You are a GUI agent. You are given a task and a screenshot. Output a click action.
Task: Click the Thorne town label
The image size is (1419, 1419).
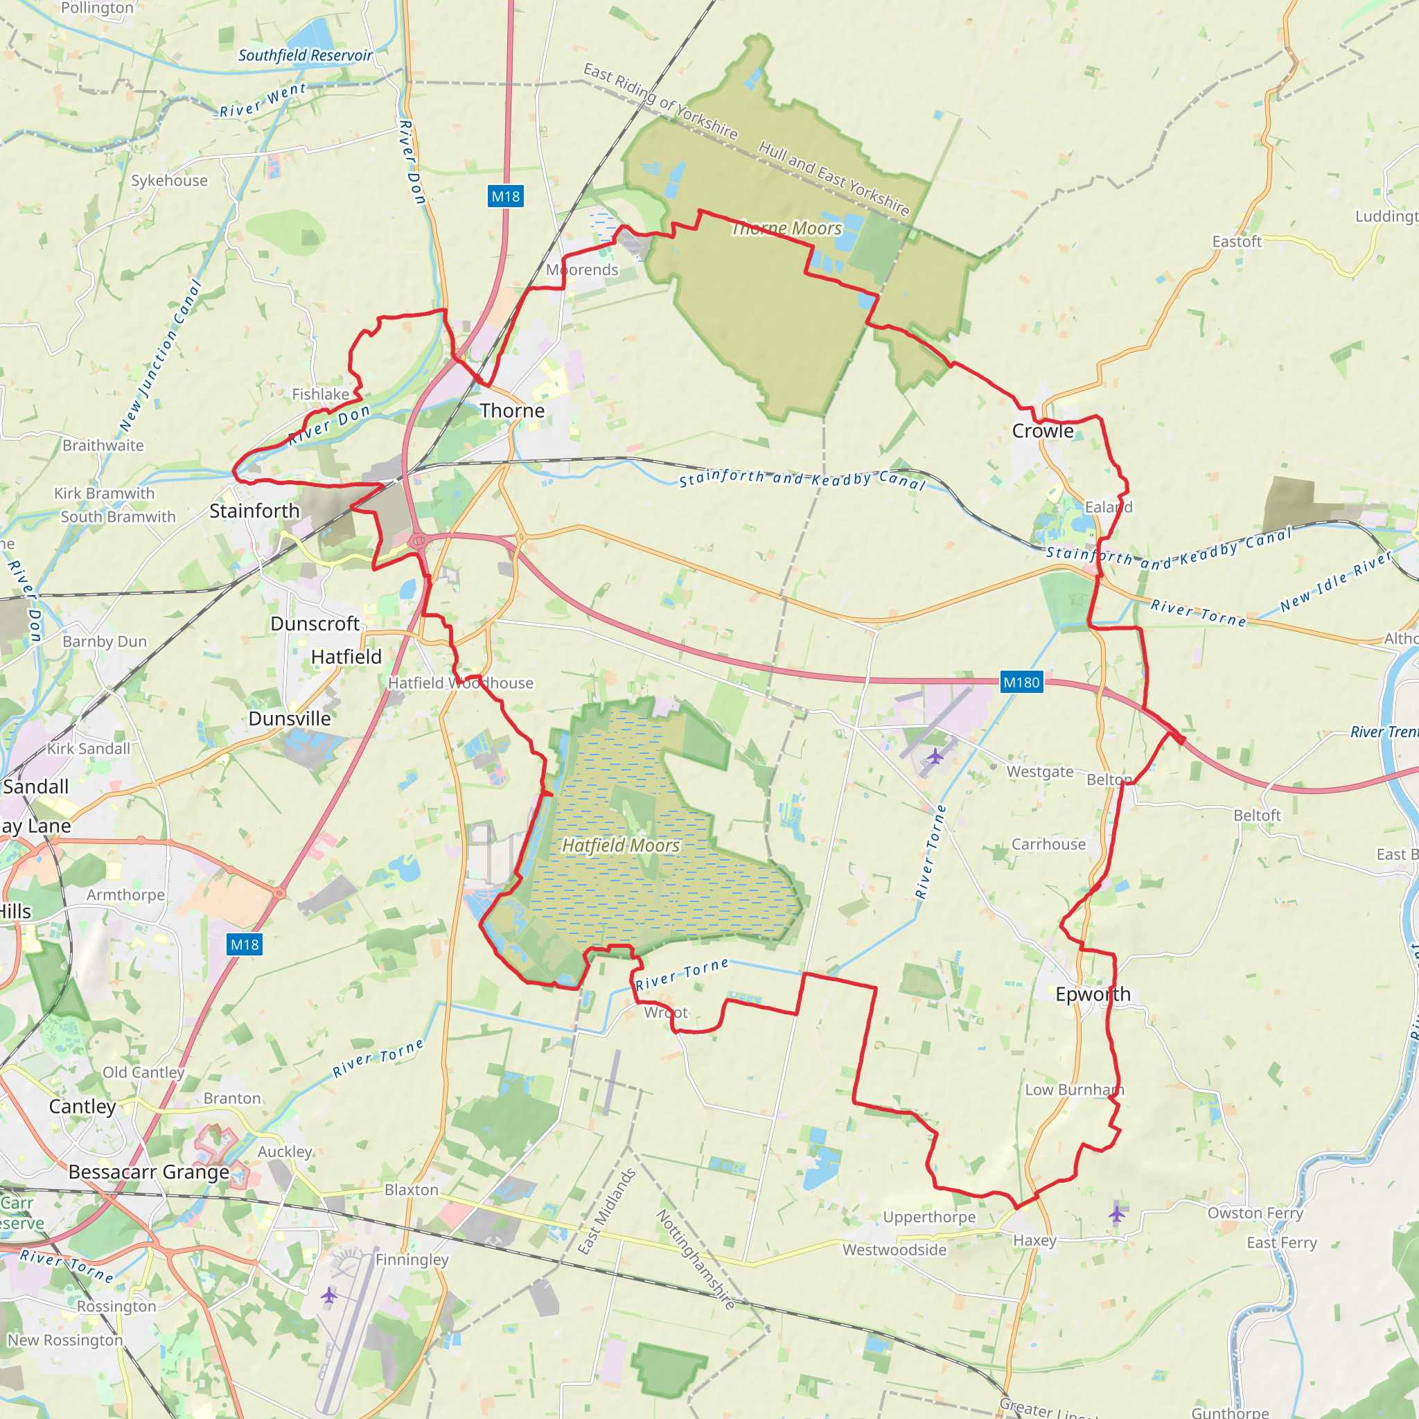512,411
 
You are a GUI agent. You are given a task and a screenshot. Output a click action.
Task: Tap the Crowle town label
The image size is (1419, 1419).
1042,431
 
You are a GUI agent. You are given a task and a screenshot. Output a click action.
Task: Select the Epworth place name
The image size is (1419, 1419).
1092,994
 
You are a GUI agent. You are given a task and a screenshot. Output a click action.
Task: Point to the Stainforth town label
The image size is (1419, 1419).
254,511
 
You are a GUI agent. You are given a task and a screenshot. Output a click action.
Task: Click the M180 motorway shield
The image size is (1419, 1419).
1021,682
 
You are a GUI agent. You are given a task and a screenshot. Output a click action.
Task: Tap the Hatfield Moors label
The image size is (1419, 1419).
621,845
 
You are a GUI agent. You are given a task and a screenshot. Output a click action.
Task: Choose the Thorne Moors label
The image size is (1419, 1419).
786,229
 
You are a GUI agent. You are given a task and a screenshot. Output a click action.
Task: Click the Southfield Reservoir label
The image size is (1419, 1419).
305,55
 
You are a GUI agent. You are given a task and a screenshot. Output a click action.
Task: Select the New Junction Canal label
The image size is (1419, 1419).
160,356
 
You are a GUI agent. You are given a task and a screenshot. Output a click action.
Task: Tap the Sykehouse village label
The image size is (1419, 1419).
169,181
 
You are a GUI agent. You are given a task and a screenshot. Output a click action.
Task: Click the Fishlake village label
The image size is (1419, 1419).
320,394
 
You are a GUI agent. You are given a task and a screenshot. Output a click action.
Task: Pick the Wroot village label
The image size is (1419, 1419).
665,1013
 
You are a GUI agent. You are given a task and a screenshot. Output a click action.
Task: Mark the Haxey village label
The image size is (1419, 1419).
1034,1240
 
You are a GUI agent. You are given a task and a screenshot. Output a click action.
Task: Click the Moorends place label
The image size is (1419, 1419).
582,270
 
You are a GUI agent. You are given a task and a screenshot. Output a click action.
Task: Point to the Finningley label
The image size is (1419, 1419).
412,1260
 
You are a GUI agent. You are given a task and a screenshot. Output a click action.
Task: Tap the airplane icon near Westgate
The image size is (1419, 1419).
934,756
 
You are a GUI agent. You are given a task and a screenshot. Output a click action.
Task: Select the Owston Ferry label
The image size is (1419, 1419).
1255,1213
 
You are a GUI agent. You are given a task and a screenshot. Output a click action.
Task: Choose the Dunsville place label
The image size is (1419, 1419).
290,719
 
